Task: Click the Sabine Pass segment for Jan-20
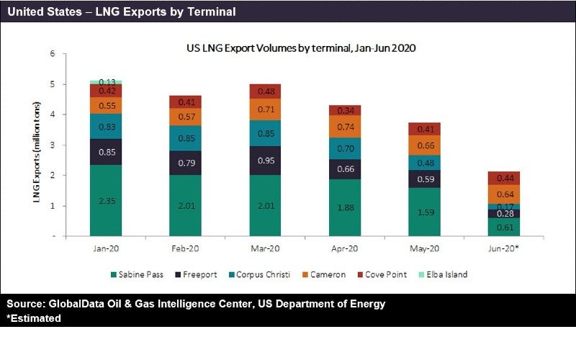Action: point(105,200)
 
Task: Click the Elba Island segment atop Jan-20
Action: point(105,82)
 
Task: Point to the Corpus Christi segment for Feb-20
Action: point(185,138)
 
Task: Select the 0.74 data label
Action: point(343,127)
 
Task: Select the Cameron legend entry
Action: point(328,274)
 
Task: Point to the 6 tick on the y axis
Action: point(51,54)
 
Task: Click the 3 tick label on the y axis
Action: point(51,145)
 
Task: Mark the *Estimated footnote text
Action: point(34,318)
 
